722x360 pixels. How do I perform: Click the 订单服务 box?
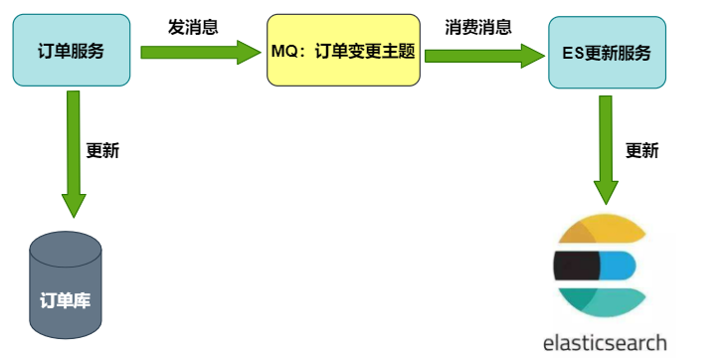pyautogui.click(x=71, y=51)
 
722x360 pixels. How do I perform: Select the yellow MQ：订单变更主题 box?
pyautogui.click(x=344, y=51)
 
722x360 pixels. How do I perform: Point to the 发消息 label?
pyautogui.click(x=193, y=27)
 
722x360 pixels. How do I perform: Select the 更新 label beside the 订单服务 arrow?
pyautogui.click(x=102, y=151)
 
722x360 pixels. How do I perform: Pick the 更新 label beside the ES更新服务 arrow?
pyautogui.click(x=641, y=151)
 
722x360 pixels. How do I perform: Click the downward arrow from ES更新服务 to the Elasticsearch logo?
pyautogui.click(x=607, y=150)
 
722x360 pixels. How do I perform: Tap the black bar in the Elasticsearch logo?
pyautogui.click(x=577, y=266)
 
